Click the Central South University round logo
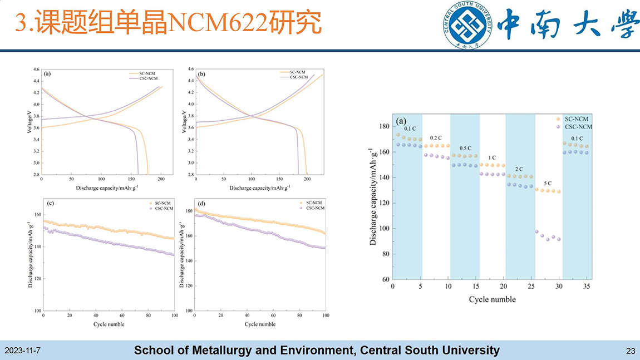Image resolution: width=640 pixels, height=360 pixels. tap(469, 26)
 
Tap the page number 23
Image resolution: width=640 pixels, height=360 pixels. tap(631, 351)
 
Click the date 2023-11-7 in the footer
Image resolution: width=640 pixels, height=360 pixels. tap(22, 351)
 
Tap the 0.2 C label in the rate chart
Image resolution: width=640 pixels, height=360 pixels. tap(436, 138)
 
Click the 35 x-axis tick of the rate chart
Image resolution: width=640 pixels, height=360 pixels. tap(587, 287)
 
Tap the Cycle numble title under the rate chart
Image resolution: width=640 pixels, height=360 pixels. tap(492, 299)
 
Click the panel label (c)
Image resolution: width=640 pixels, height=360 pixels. tap(51, 203)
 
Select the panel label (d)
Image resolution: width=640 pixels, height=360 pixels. tap(202, 203)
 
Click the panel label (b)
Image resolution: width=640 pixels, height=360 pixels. tap(201, 73)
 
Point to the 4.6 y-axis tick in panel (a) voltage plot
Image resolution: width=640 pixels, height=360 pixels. tap(36, 70)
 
